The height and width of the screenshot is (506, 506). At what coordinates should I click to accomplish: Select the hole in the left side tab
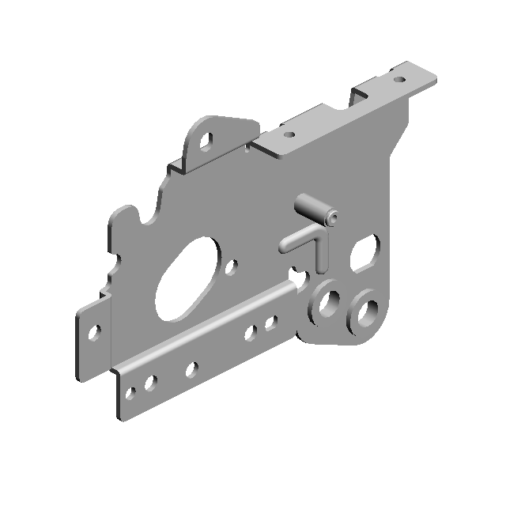click(x=94, y=331)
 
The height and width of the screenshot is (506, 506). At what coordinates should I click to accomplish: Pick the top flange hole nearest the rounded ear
click(x=289, y=134)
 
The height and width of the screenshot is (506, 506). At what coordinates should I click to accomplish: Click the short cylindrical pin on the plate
click(x=315, y=209)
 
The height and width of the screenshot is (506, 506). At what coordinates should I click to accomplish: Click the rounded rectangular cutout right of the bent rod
click(x=364, y=254)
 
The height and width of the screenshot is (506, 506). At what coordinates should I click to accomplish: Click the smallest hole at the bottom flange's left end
click(x=132, y=392)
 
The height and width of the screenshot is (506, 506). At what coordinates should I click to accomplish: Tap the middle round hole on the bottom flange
click(x=191, y=368)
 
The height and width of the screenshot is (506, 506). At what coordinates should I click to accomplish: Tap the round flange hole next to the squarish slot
click(x=270, y=323)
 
